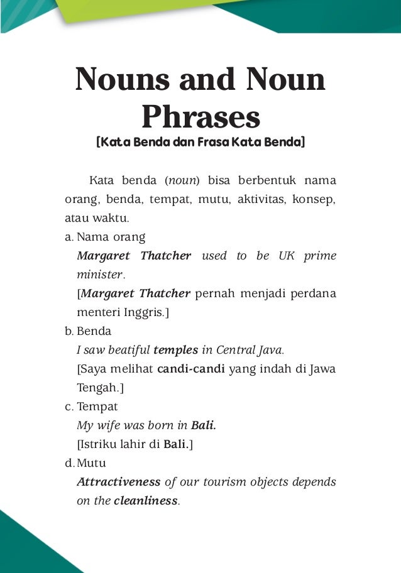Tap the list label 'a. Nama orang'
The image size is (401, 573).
point(105,237)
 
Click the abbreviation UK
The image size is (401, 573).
point(287,256)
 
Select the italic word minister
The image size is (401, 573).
point(100,275)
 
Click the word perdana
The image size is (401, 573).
point(314,293)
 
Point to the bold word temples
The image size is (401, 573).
point(175,350)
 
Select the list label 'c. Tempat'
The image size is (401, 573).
point(91,407)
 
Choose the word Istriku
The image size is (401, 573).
point(99,444)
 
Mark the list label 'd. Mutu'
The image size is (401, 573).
point(85,463)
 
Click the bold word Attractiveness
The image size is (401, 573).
point(118,482)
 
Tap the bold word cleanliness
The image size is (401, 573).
point(146,501)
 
